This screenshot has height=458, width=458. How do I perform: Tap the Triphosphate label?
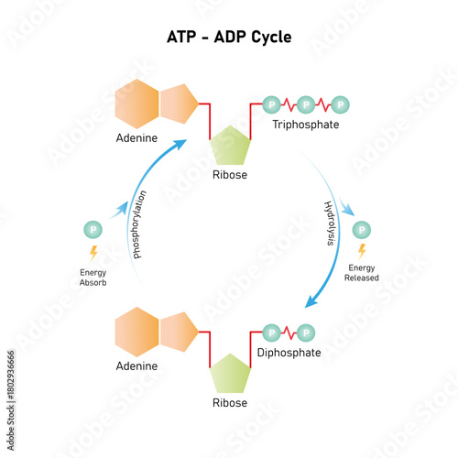click(x=306, y=124)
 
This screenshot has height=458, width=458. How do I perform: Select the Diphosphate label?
click(x=289, y=352)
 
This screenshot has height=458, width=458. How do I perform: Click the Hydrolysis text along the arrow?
click(x=330, y=224)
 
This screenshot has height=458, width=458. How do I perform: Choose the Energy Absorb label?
click(x=93, y=278)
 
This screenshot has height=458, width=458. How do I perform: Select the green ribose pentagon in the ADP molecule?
click(x=230, y=375)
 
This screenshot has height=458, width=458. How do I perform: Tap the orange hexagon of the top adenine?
click(x=137, y=104)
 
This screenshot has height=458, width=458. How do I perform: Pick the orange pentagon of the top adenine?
click(x=180, y=104)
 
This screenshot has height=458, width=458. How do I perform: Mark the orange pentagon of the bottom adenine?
click(x=180, y=332)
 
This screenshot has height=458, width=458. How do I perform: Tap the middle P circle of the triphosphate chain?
click(x=306, y=104)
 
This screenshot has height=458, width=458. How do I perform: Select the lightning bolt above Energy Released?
click(x=362, y=249)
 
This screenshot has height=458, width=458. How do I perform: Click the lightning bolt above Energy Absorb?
click(x=93, y=252)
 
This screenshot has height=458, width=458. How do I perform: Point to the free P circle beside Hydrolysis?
click(x=362, y=229)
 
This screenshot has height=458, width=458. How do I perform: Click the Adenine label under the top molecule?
click(x=136, y=139)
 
